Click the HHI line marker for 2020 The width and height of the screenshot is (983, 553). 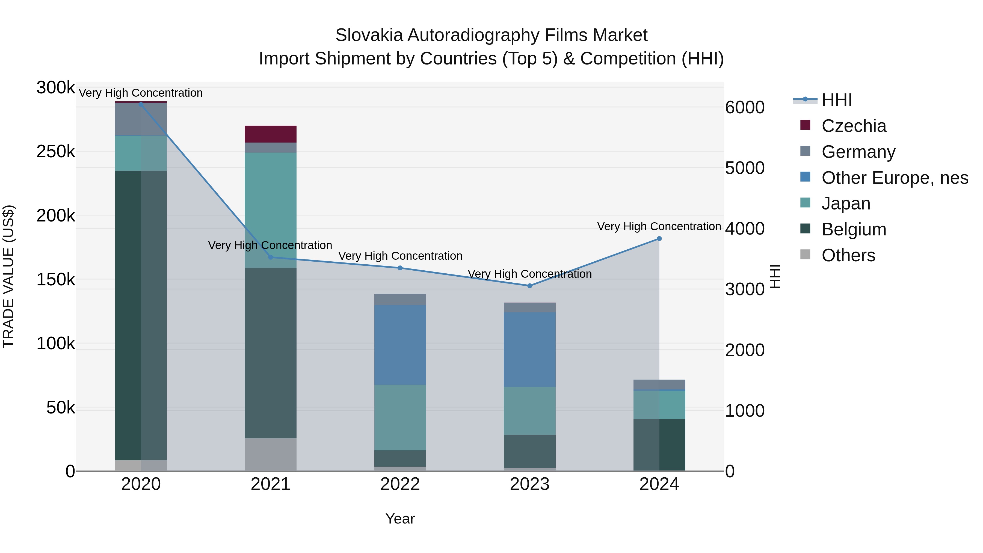[x=141, y=104]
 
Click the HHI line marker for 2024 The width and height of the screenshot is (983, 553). [x=659, y=238]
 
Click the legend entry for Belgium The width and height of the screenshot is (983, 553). [x=853, y=229]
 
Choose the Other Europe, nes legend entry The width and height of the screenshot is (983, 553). [x=895, y=178]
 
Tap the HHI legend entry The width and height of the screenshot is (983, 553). [x=836, y=100]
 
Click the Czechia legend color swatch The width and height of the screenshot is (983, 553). [x=805, y=125]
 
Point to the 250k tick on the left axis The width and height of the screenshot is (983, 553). [x=56, y=152]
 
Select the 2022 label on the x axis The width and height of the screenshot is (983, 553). [x=400, y=484]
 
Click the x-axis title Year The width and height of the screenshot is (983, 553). [x=400, y=519]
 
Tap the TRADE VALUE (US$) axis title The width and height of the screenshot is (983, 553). [x=8, y=276]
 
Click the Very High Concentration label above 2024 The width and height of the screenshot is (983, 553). [x=659, y=226]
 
